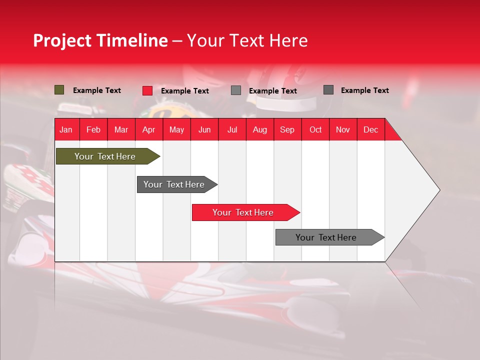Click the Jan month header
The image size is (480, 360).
tap(66, 129)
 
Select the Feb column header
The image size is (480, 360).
tap(93, 129)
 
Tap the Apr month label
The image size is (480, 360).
tap(148, 129)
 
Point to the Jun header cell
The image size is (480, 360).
tap(204, 129)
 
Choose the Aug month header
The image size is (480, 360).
tap(259, 129)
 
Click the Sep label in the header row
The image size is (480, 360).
tap(287, 129)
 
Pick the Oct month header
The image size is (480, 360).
tap(315, 129)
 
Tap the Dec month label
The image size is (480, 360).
tap(370, 129)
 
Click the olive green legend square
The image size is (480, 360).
tap(59, 90)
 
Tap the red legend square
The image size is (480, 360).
tap(147, 90)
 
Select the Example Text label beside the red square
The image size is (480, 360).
tap(185, 91)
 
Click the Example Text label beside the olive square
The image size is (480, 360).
tap(97, 90)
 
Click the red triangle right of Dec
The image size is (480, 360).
tap(391, 132)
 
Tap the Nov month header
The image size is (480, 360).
tap(343, 129)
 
